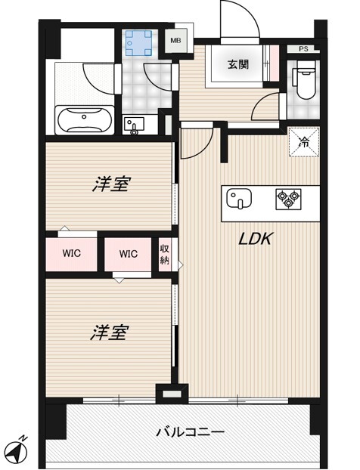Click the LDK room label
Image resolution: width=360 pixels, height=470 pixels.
[x=256, y=240]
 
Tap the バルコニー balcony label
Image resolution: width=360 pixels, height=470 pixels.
[x=190, y=432]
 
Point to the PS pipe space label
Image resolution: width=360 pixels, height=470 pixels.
[x=303, y=50]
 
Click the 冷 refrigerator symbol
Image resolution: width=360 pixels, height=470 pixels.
[x=304, y=141]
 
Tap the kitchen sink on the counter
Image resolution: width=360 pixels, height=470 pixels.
[x=238, y=199]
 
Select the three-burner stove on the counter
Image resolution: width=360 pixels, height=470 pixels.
[x=287, y=199]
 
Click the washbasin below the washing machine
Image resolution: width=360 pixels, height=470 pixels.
[x=134, y=125]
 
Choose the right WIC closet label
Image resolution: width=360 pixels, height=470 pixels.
[x=128, y=254]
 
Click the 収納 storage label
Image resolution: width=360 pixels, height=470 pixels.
[x=165, y=255]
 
